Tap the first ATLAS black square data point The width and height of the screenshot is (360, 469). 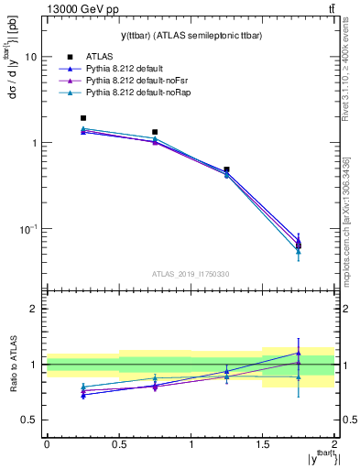83,118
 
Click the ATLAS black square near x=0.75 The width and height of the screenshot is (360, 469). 155,132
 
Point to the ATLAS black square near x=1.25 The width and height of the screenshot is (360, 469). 226,169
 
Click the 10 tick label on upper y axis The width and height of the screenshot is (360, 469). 30,57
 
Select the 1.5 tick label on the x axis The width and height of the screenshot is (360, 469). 262,443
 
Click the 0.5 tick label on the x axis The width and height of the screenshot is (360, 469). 118,443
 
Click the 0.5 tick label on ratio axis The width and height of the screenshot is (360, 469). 30,420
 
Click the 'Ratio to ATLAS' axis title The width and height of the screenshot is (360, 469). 12,364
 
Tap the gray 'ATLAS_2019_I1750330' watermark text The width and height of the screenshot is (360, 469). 190,274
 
